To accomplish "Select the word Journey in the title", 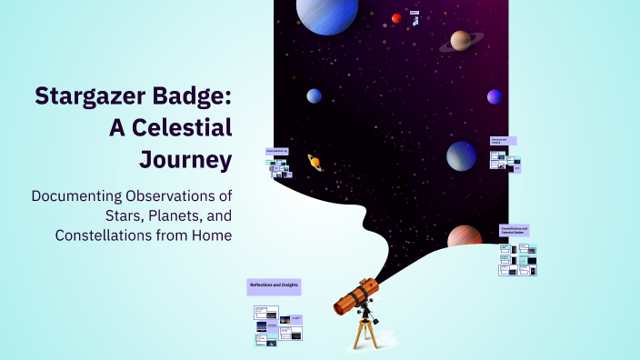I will (185, 159).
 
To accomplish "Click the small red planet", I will (396, 18).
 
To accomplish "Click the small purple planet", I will (495, 96).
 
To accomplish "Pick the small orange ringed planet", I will (315, 162).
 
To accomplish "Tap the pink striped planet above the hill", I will (465, 238).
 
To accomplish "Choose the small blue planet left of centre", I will (314, 95).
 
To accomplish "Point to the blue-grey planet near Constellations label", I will (461, 155).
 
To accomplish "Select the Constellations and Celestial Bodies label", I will (516, 230).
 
